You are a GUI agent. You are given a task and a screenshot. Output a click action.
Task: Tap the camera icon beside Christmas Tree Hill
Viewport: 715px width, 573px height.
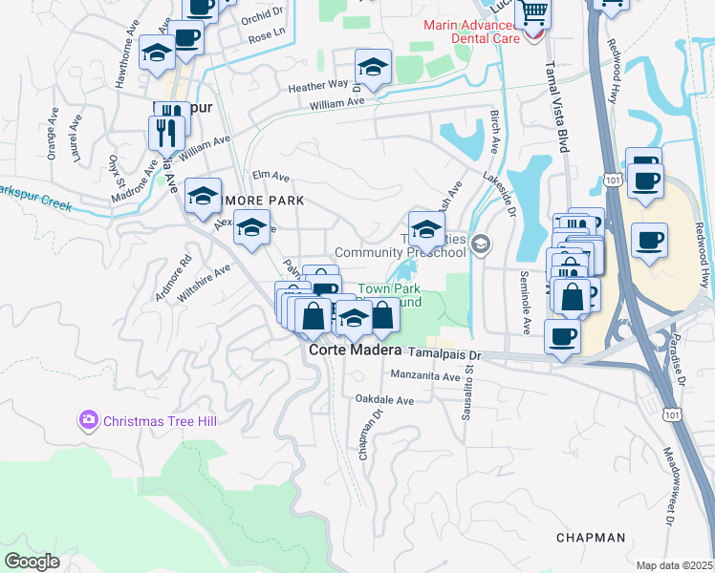[x=89, y=419]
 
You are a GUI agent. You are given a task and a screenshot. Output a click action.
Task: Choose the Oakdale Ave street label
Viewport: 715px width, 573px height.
[x=384, y=400]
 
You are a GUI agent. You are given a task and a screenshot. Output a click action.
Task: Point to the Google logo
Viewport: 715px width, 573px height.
[x=32, y=562]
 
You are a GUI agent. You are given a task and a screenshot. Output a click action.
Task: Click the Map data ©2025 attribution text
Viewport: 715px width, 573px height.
[x=674, y=565]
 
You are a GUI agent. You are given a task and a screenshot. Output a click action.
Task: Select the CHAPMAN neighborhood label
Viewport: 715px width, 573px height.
[x=592, y=538]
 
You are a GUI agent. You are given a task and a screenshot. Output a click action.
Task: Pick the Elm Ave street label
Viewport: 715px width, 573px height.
[x=271, y=176]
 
